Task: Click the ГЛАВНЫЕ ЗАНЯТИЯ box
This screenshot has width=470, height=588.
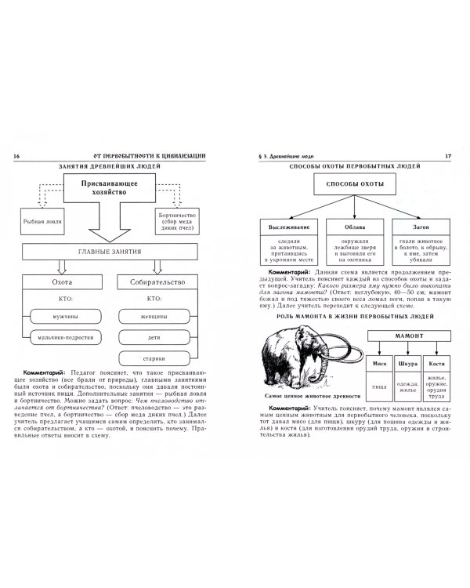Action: point(112,252)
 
